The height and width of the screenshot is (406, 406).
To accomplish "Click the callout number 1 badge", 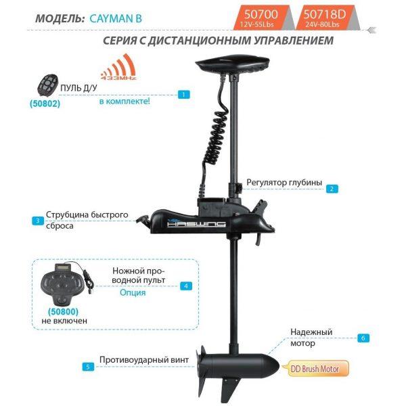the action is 183,95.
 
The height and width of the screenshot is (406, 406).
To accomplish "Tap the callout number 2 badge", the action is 332,189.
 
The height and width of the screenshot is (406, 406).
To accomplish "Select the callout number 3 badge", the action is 38,221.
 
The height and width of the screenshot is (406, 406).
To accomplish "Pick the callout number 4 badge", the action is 186,286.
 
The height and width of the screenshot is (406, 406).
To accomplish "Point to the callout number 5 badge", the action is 88,367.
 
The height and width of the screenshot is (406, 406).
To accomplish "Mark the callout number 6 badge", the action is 363,338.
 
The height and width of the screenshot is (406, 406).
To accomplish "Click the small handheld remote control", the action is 47,85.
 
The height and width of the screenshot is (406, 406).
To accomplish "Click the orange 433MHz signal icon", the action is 118,67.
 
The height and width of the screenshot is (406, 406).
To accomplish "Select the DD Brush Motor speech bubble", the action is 315,369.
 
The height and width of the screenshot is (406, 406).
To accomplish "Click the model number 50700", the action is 261,14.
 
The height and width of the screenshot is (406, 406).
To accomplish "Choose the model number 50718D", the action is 324,14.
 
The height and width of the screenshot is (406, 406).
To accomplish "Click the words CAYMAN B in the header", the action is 116,18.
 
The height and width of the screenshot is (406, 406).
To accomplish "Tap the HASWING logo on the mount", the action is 196,224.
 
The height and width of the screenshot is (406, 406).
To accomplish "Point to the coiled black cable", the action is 214,137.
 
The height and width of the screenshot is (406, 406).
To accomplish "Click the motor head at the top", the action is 233,64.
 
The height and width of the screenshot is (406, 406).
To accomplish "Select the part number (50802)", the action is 45,104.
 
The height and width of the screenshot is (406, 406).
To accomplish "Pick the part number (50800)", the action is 63,311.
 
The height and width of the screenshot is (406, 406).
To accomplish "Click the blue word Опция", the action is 133,293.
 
